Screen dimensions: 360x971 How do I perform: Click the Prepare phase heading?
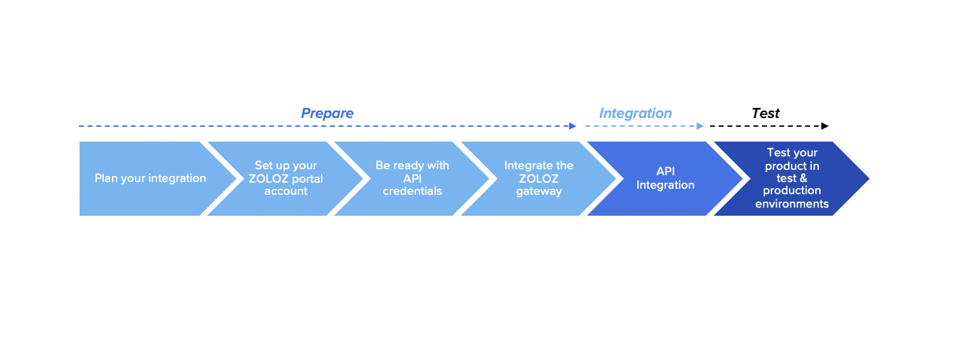click(327, 113)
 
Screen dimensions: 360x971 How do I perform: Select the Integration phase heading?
click(635, 113)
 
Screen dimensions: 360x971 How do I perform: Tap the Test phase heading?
click(765, 113)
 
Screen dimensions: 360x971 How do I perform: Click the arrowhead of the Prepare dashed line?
click(573, 126)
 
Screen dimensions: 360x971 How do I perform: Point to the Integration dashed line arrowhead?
click(701, 126)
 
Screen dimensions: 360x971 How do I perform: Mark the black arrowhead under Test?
click(825, 126)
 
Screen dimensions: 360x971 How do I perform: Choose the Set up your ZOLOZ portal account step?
click(286, 179)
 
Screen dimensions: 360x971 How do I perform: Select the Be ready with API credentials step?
click(412, 179)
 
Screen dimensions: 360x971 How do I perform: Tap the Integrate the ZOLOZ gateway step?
click(539, 179)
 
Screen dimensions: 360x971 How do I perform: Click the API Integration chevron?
click(666, 179)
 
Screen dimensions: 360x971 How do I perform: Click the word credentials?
click(412, 191)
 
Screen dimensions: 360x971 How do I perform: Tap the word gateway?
click(539, 191)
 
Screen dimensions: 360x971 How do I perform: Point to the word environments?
click(792, 204)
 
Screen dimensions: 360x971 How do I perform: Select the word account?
click(286, 191)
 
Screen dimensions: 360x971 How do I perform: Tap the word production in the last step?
click(792, 191)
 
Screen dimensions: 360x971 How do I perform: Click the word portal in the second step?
click(307, 179)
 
